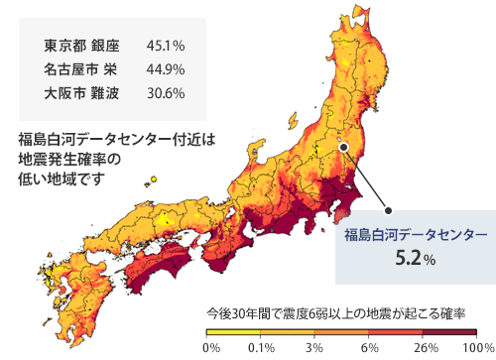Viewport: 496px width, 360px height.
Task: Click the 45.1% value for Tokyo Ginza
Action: click(166, 46)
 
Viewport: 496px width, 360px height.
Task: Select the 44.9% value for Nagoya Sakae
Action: click(166, 69)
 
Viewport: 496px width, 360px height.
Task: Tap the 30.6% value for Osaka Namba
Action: click(166, 93)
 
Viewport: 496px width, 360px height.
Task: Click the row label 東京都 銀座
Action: click(81, 46)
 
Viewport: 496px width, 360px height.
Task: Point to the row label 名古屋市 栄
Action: click(81, 69)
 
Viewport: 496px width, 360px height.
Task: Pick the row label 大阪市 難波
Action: click(81, 93)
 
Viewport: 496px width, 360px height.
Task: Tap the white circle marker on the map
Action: click(343, 147)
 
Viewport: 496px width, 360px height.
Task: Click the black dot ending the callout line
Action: click(388, 209)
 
